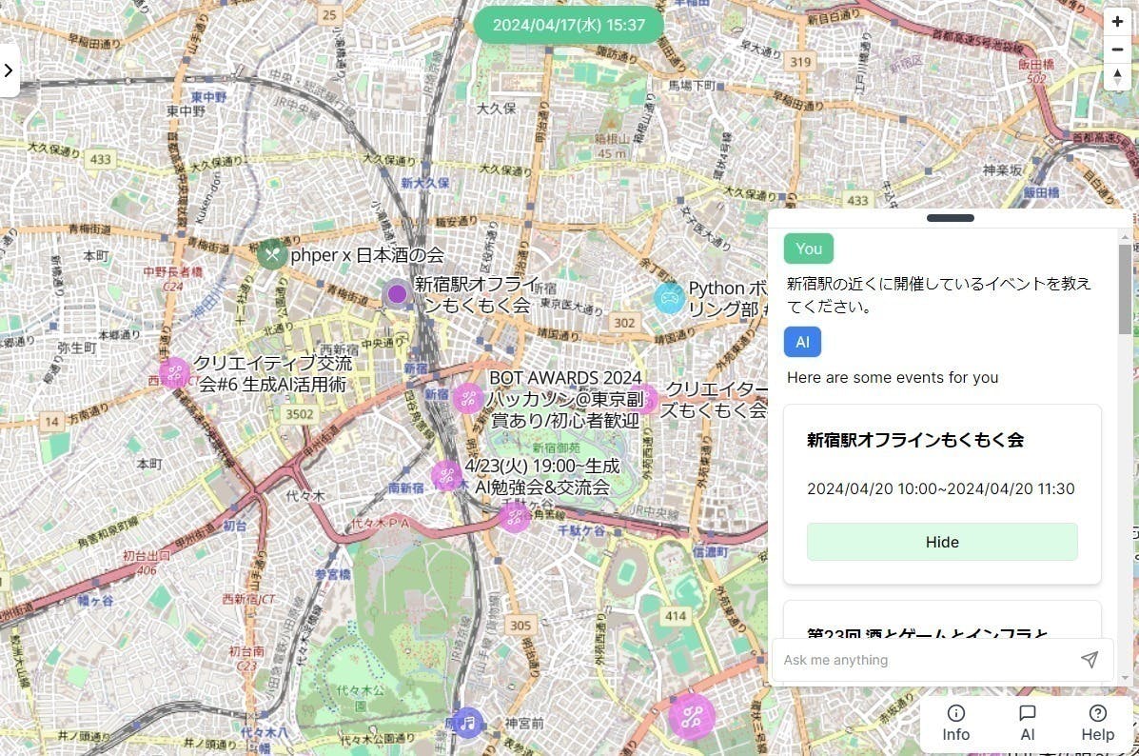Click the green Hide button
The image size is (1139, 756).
(942, 542)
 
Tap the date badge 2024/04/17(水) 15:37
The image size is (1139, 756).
(569, 25)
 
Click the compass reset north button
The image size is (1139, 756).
(1117, 76)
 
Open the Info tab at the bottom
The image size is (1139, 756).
(955, 723)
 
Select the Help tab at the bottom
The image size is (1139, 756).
(1097, 723)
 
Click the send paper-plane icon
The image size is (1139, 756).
(1090, 660)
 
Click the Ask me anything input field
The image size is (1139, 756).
(923, 660)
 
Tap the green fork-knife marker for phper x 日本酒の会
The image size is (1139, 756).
(272, 254)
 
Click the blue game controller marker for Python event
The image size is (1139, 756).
(670, 298)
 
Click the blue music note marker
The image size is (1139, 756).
(467, 723)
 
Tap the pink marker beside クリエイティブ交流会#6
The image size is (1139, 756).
(175, 373)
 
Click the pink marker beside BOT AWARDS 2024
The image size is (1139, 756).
(467, 398)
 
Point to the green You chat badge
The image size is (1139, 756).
(809, 249)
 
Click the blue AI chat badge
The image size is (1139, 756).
(802, 342)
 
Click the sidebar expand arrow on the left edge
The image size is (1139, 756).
(9, 70)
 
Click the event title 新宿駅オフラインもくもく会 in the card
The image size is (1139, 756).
(914, 440)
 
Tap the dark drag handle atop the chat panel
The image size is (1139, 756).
(950, 218)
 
